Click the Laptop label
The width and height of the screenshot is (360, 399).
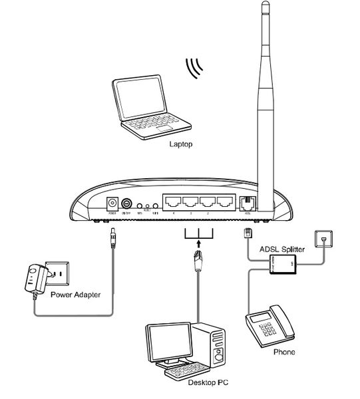[180, 143]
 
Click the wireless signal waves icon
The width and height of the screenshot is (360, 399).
[195, 68]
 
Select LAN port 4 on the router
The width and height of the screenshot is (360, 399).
[174, 202]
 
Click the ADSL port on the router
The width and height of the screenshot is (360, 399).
[247, 203]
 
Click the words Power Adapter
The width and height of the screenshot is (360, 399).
[75, 294]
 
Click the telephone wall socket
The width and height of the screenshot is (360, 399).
[325, 239]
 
